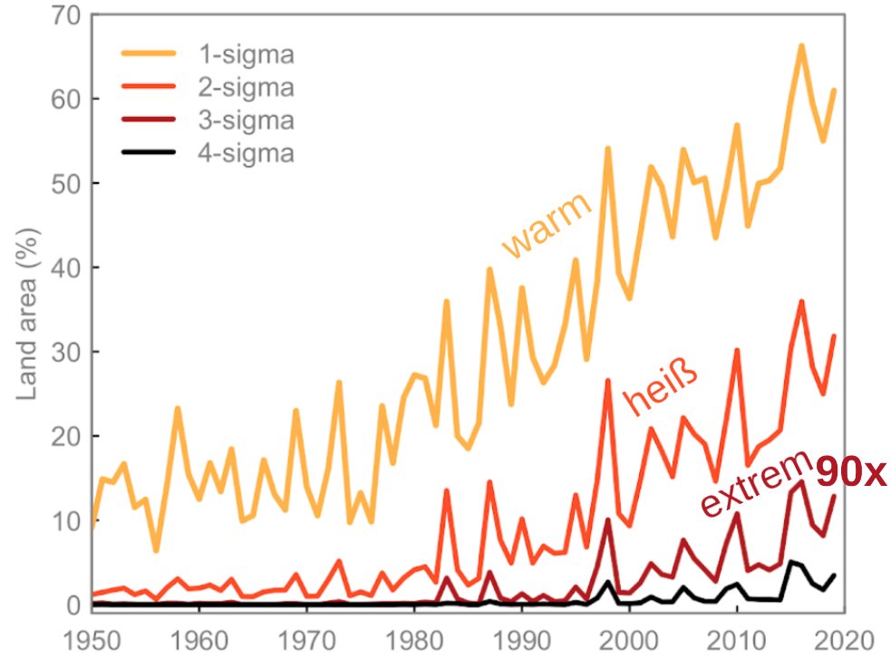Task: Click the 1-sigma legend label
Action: pyautogui.click(x=247, y=55)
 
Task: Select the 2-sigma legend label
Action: pyautogui.click(x=247, y=88)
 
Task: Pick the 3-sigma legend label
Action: pyautogui.click(x=247, y=120)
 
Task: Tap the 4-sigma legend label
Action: pyautogui.click(x=247, y=153)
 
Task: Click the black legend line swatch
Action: pyautogui.click(x=150, y=153)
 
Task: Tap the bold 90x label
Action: pyautogui.click(x=849, y=472)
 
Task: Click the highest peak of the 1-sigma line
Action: pyautogui.click(x=801, y=44)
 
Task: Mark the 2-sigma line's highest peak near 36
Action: pyautogui.click(x=801, y=301)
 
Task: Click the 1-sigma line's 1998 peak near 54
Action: pyautogui.click(x=607, y=148)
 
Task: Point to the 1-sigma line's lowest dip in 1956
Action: pyautogui.click(x=156, y=550)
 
